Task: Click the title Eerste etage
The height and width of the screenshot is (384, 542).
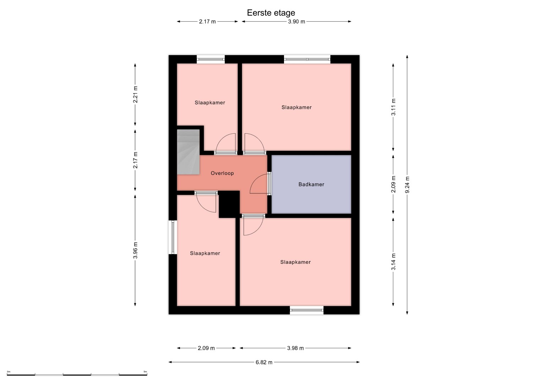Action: click(x=271, y=13)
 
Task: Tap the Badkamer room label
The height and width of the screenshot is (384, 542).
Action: click(x=311, y=184)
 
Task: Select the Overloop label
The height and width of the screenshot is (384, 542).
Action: click(x=222, y=173)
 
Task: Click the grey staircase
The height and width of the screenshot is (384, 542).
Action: click(x=188, y=152)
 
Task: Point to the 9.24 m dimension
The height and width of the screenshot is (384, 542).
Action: click(x=407, y=185)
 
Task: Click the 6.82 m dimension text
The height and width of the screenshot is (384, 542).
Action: click(x=264, y=362)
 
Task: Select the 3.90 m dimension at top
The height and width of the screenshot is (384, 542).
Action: click(x=296, y=22)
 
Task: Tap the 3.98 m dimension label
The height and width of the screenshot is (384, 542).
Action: click(x=295, y=348)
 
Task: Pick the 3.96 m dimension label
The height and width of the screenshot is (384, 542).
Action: click(x=135, y=250)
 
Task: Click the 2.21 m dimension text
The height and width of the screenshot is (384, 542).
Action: click(x=135, y=95)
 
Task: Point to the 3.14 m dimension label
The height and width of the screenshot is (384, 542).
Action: click(x=393, y=262)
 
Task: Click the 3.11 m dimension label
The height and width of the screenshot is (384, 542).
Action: click(x=393, y=107)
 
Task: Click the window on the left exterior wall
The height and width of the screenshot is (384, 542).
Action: click(x=173, y=237)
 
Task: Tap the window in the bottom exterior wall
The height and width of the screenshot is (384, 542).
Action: click(x=307, y=310)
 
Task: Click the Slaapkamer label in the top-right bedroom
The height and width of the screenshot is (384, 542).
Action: click(x=296, y=107)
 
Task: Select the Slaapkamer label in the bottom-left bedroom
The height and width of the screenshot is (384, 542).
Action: click(x=205, y=254)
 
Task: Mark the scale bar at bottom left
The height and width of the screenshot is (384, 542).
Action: click(x=77, y=374)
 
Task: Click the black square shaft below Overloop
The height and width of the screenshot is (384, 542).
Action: click(x=229, y=204)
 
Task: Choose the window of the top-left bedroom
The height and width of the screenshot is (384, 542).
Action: click(x=211, y=59)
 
